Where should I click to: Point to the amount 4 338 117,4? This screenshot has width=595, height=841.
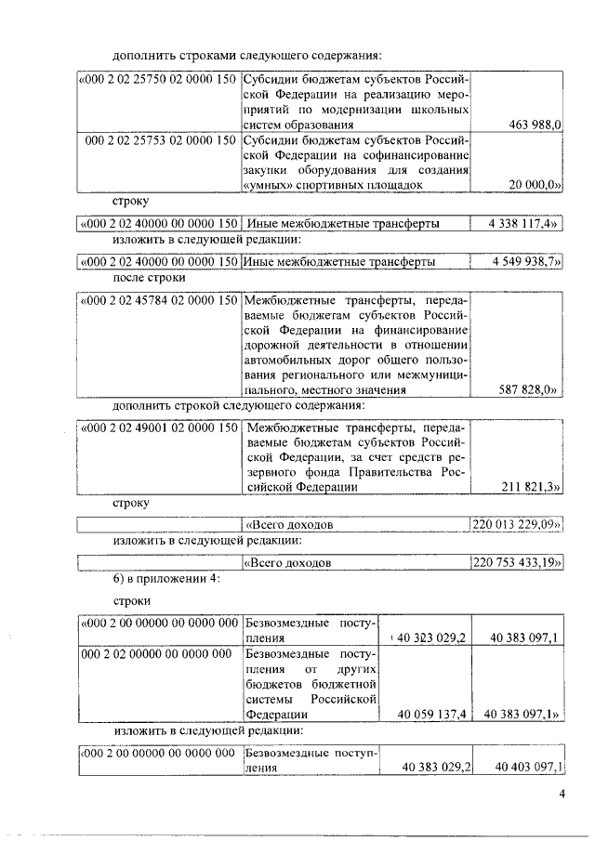click(525, 224)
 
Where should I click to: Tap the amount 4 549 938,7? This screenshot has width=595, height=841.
click(525, 263)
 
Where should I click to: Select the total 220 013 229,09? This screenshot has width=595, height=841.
click(517, 525)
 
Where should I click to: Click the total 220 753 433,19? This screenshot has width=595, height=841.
click(517, 563)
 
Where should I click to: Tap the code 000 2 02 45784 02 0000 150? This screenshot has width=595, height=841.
click(158, 300)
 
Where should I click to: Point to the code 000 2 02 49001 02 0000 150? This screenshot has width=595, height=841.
click(158, 427)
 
